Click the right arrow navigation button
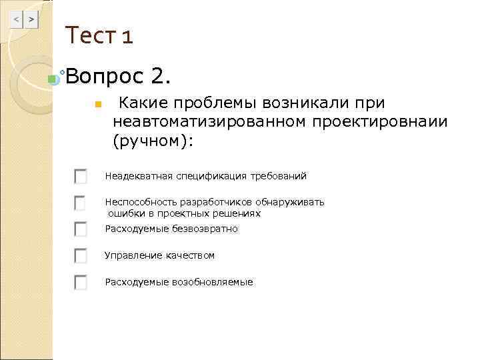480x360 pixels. coord(31,21)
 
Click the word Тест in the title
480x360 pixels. coord(91,35)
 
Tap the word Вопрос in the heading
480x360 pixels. coord(106,78)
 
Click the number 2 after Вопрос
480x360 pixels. coord(161,78)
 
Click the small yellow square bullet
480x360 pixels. coord(97,105)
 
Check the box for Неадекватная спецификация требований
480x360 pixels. coord(81,176)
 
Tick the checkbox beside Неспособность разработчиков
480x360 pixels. coord(81,202)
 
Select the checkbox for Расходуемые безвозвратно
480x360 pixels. coord(81,229)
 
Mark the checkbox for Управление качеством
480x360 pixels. coord(81,255)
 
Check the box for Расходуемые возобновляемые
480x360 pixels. coord(81,282)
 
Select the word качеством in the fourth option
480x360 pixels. coord(191,256)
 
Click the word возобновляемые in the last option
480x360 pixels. coord(213,283)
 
